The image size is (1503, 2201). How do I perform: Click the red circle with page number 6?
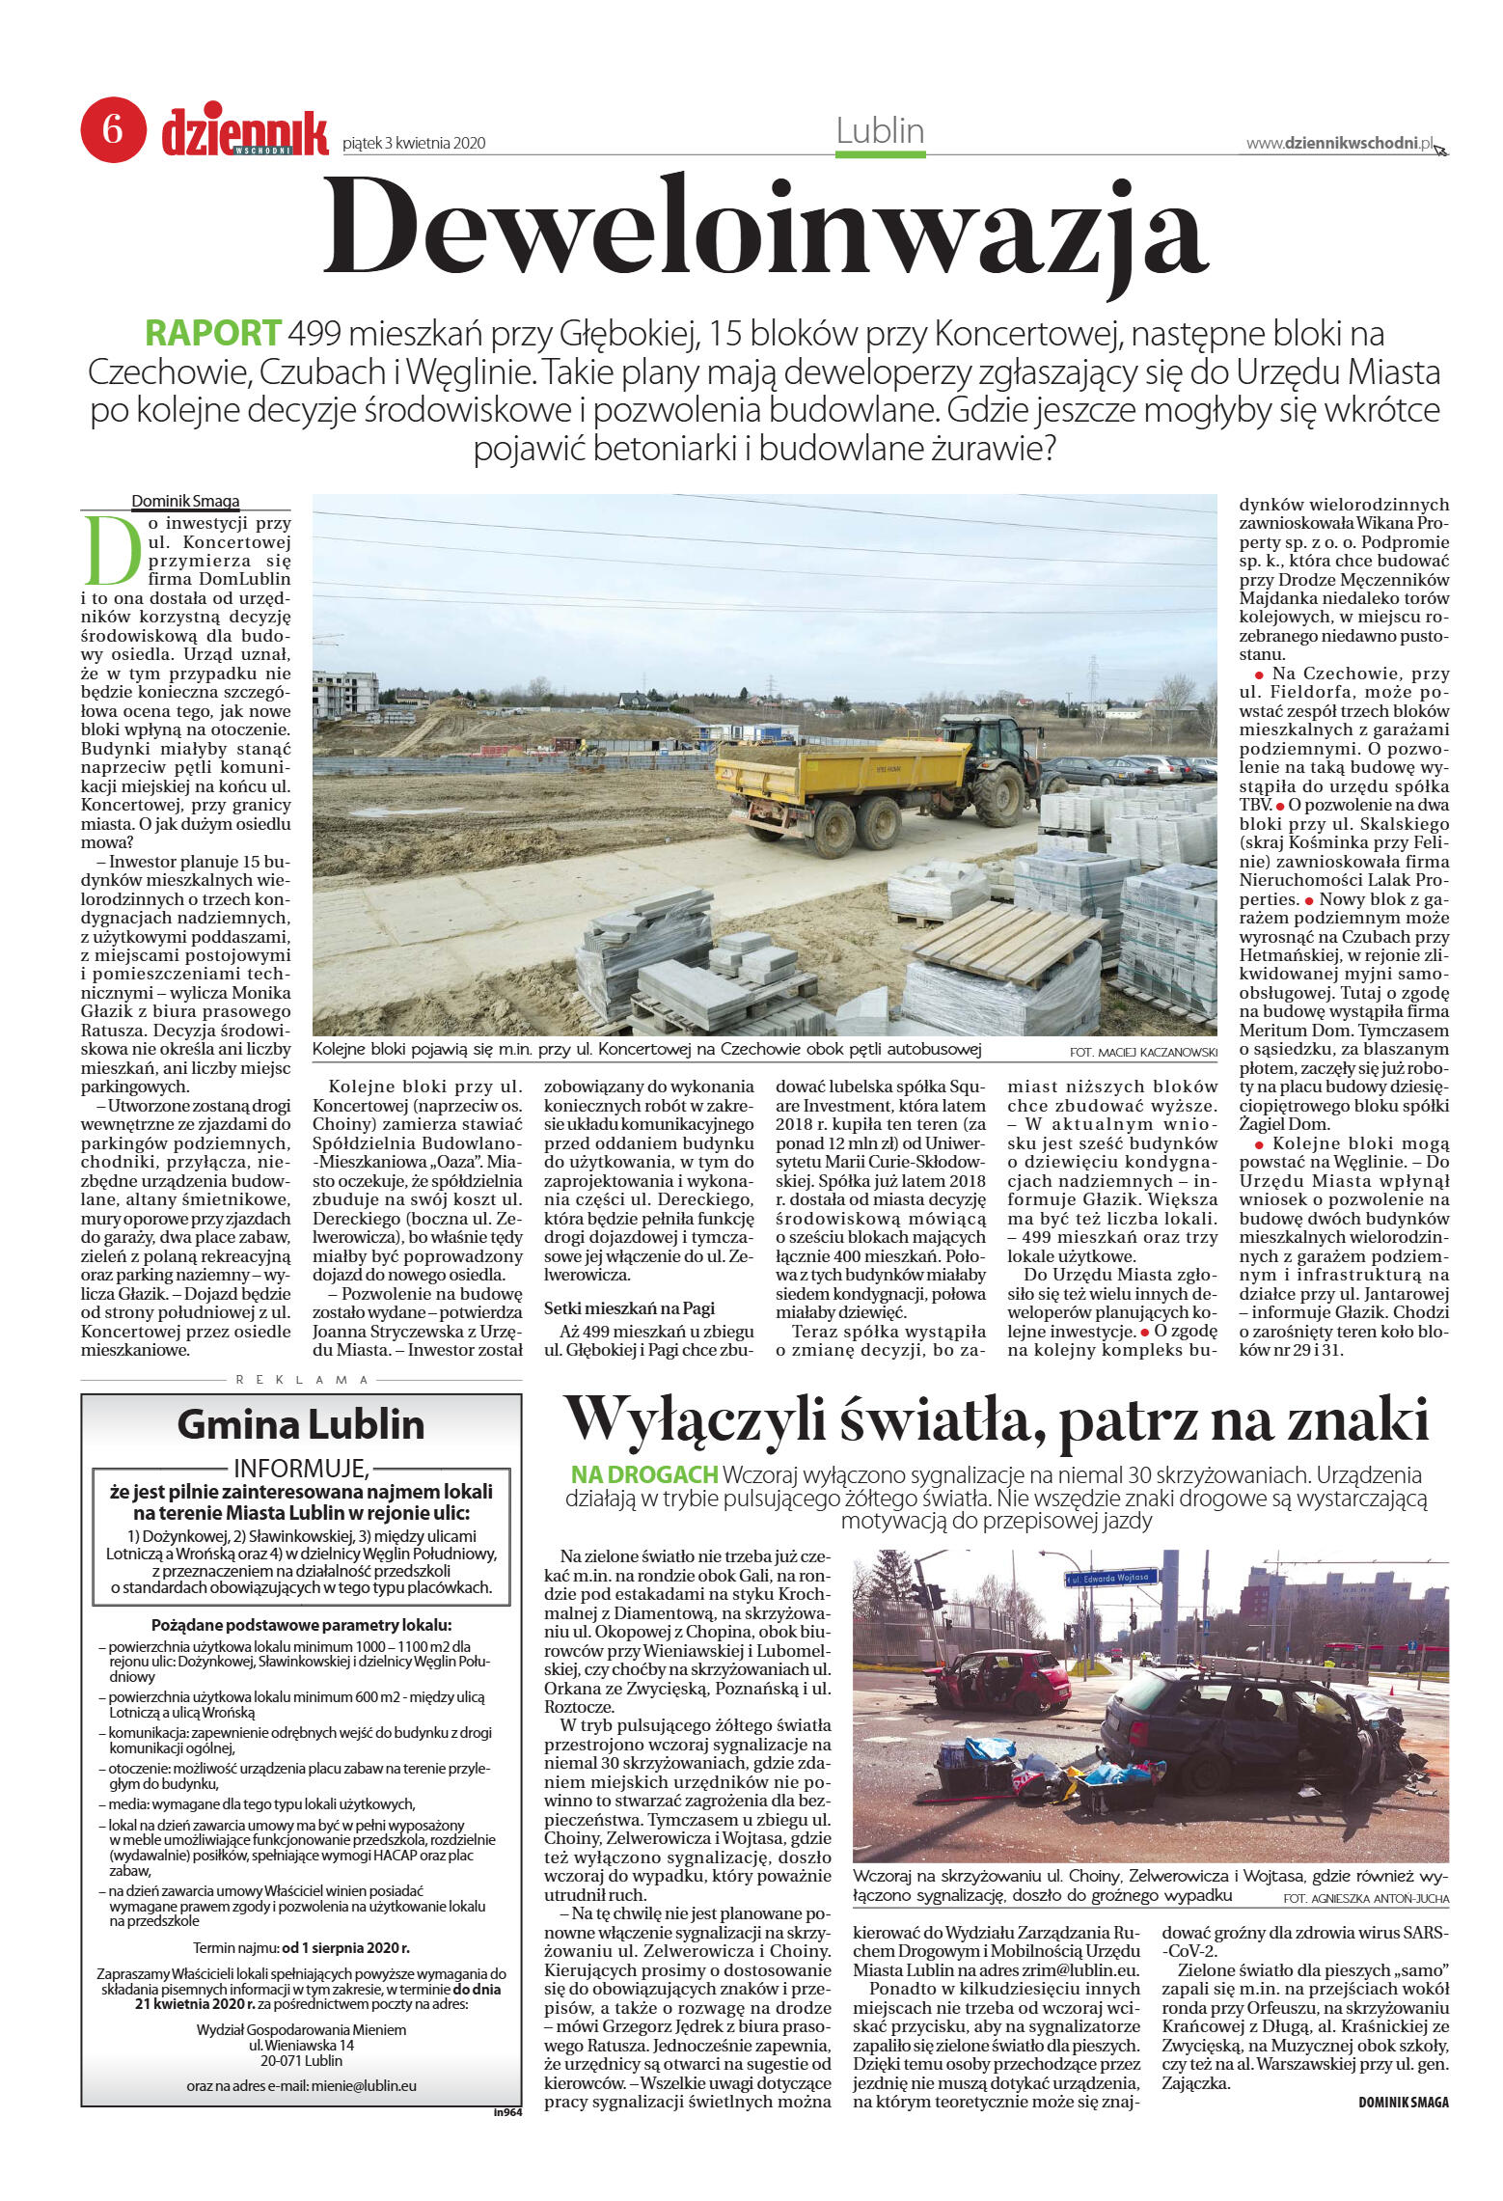pos(113,129)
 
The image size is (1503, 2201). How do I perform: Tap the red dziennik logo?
pos(245,133)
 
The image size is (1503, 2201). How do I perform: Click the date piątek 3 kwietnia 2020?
pos(414,144)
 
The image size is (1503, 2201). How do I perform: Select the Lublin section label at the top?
pos(880,131)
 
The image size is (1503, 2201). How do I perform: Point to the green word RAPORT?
pos(213,333)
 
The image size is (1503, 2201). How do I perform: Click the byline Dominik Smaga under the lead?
pos(185,501)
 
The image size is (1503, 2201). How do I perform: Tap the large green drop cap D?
pos(112,551)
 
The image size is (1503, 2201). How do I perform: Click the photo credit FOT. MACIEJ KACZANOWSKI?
pos(1143,1052)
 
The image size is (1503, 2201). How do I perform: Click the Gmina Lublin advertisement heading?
pos(300,1424)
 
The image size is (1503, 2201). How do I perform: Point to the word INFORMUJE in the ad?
pos(300,1469)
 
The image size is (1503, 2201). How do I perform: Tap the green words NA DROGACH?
pos(644,1474)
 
